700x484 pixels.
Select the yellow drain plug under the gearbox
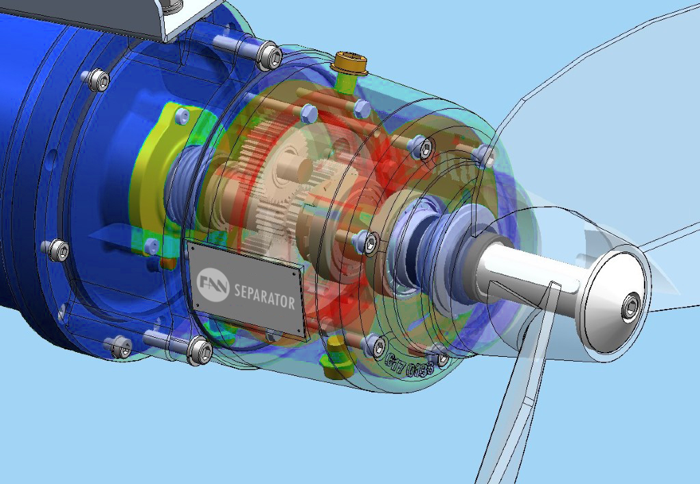338,355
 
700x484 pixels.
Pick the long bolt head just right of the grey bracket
270,55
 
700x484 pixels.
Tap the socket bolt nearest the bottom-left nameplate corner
199,350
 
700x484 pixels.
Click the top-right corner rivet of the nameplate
296,272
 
